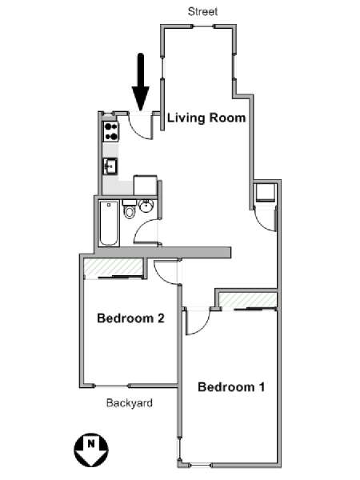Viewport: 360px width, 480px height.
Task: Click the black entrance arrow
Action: pyautogui.click(x=140, y=81)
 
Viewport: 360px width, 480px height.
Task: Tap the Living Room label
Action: pyautogui.click(x=206, y=118)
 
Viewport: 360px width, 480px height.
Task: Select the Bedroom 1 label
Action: pyautogui.click(x=231, y=387)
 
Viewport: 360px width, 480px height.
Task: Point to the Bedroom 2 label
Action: pyautogui.click(x=130, y=318)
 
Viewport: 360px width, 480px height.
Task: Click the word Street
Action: pyautogui.click(x=202, y=11)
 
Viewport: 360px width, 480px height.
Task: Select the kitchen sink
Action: pyautogui.click(x=110, y=166)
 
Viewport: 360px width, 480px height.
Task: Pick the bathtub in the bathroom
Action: pyautogui.click(x=109, y=225)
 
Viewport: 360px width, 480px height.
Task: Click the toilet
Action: pyautogui.click(x=129, y=211)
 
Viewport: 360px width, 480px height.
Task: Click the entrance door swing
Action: pyautogui.click(x=142, y=126)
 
